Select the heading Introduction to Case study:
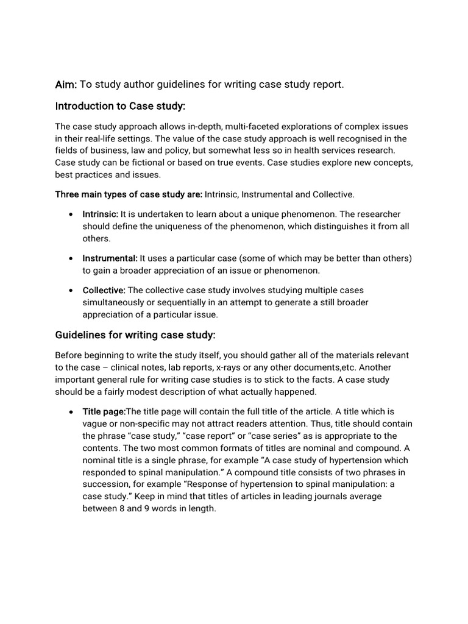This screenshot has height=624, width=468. click(120, 106)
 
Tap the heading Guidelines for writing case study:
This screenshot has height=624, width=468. click(135, 335)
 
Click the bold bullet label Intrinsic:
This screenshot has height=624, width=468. click(101, 214)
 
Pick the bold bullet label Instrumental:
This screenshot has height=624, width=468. click(110, 258)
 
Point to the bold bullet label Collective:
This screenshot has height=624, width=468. click(104, 290)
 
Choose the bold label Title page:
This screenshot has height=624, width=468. click(104, 411)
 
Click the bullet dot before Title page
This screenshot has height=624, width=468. click(72, 412)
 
